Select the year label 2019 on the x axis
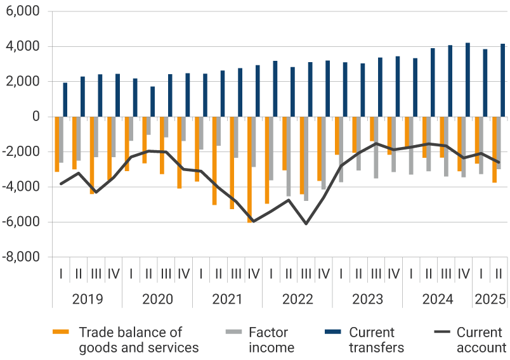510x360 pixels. click(87, 299)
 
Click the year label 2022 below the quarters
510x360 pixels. click(297, 299)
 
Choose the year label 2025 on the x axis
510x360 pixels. click(490, 299)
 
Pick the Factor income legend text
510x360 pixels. click(271, 340)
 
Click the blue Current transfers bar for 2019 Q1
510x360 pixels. click(65, 100)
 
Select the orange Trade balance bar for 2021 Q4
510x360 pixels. click(249, 169)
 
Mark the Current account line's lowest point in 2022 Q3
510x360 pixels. click(306, 224)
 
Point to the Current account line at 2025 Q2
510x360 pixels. click(499, 162)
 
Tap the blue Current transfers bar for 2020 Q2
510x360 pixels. click(152, 101)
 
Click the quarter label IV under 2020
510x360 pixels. click(183, 274)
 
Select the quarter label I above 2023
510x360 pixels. click(341, 274)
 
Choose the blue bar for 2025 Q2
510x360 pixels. click(502, 80)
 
